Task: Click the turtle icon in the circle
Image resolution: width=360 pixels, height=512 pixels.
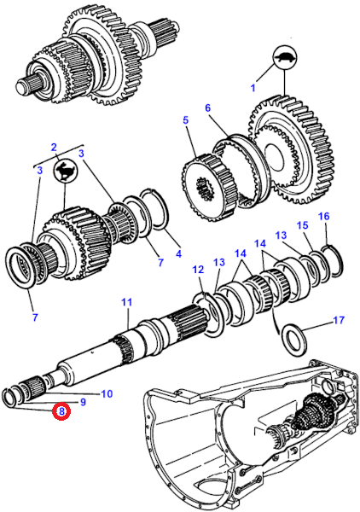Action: click(x=285, y=58)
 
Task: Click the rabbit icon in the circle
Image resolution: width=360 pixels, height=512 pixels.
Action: click(x=65, y=172)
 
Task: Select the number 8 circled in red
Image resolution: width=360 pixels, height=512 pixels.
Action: click(x=62, y=411)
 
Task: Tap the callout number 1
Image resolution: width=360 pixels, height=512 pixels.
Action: click(x=253, y=88)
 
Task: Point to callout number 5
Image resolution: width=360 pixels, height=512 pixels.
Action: click(x=185, y=119)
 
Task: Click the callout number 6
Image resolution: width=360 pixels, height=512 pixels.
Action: click(x=208, y=108)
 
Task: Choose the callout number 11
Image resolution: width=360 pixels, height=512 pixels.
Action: click(x=126, y=302)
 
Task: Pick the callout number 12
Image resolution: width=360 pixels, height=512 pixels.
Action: click(x=198, y=270)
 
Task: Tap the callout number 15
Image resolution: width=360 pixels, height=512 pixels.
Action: click(x=302, y=225)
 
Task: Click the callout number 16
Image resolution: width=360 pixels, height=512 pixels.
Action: click(x=324, y=216)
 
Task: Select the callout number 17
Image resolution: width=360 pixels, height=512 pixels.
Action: click(x=339, y=320)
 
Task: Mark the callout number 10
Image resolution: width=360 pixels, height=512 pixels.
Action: click(x=107, y=393)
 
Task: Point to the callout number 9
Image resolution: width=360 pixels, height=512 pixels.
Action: click(x=83, y=402)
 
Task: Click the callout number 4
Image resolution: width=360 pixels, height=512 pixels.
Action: click(x=178, y=253)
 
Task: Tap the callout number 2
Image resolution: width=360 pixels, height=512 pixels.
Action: click(x=54, y=147)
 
